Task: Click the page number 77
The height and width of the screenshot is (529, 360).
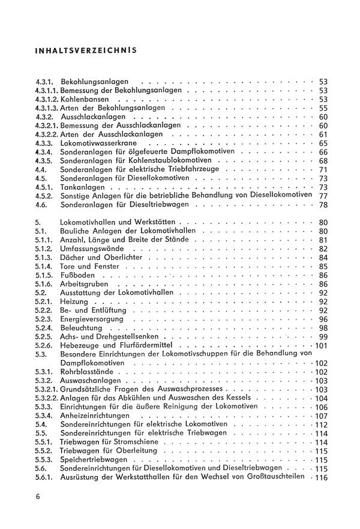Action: click(x=323, y=196)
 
